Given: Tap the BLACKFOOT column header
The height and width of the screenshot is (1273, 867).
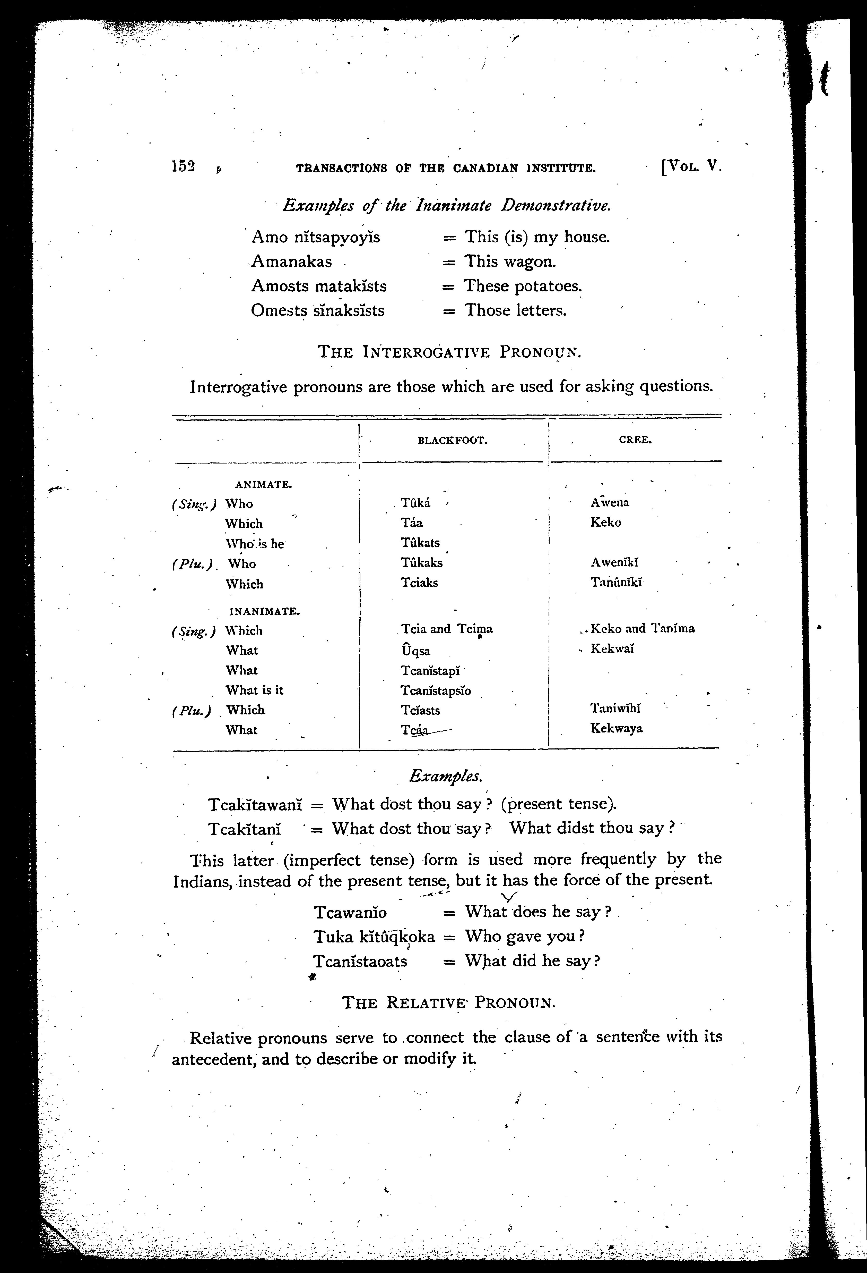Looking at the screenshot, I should click(452, 440).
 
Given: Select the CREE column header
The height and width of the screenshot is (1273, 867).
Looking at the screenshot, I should click(635, 439).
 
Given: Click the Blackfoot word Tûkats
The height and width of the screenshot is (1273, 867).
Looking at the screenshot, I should click(420, 542).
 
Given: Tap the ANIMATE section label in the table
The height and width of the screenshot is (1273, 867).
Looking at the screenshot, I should click(263, 484).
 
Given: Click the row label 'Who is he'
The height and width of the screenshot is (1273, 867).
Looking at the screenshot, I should click(255, 544).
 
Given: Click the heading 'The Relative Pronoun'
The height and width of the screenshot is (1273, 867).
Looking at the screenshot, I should click(449, 1002).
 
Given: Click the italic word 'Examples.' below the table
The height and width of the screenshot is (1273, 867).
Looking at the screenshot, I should click(446, 776).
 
